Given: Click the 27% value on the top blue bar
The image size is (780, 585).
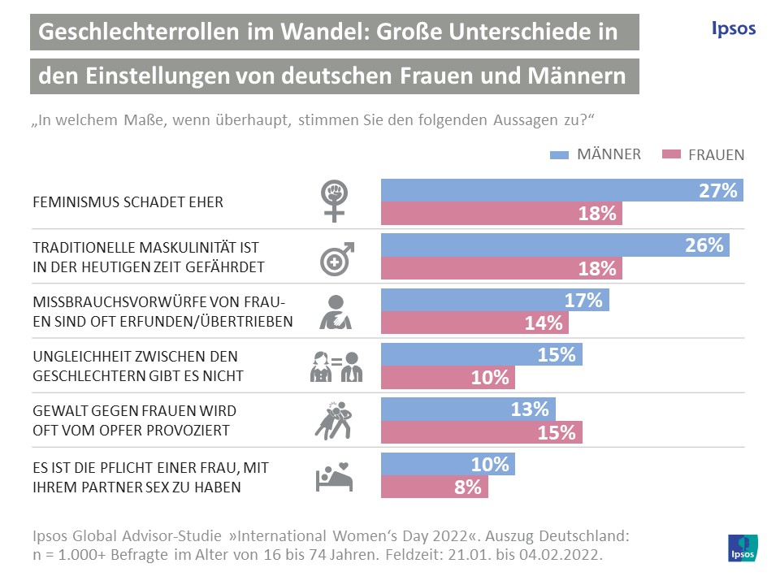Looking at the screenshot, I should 717,192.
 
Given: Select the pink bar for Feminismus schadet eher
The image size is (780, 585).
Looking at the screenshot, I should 501,214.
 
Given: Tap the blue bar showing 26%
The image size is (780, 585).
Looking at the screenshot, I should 555,245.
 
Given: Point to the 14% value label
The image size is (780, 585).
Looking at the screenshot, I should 544,323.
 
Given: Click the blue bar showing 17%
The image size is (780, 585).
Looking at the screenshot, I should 495,300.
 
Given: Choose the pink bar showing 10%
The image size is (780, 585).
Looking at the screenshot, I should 448,377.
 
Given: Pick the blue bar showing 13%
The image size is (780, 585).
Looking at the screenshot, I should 469,409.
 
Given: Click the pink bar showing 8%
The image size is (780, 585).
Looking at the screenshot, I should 435,487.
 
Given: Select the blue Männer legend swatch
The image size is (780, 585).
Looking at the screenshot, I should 561,154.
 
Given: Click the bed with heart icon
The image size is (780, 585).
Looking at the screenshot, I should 334,476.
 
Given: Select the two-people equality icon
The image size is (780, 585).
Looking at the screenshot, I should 336,366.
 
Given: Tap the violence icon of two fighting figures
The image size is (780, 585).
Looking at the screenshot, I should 333,420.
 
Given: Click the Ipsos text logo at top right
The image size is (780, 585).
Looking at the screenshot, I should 728,28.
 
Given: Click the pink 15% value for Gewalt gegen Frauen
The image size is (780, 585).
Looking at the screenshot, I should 557,432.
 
